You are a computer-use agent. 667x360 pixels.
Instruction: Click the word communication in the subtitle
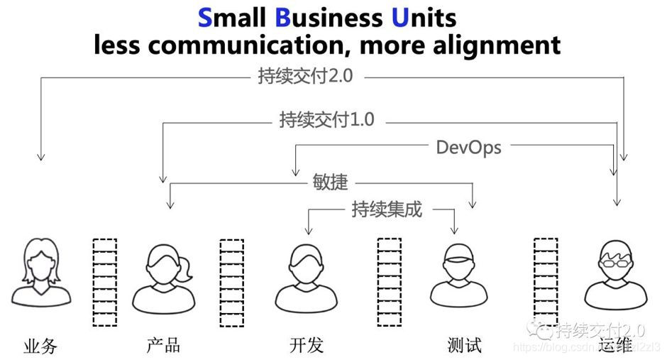point(250,45)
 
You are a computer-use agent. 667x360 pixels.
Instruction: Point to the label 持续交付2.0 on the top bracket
point(305,76)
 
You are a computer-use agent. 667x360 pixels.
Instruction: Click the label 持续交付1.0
point(327,120)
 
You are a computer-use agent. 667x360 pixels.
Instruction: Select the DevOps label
point(468,147)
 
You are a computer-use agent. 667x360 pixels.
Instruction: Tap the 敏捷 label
point(331,182)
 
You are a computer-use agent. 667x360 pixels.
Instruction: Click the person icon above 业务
point(41,273)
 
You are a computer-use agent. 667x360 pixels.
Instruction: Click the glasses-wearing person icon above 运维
point(614,273)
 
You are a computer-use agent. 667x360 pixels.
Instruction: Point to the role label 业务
point(40,346)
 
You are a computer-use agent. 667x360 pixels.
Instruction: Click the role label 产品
point(163,345)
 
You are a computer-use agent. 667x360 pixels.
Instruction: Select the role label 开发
point(307,345)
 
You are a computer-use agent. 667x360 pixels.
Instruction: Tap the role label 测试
point(465,345)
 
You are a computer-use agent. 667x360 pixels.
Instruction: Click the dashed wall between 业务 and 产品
point(105,282)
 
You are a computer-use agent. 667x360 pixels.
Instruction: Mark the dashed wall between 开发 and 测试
point(389,282)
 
